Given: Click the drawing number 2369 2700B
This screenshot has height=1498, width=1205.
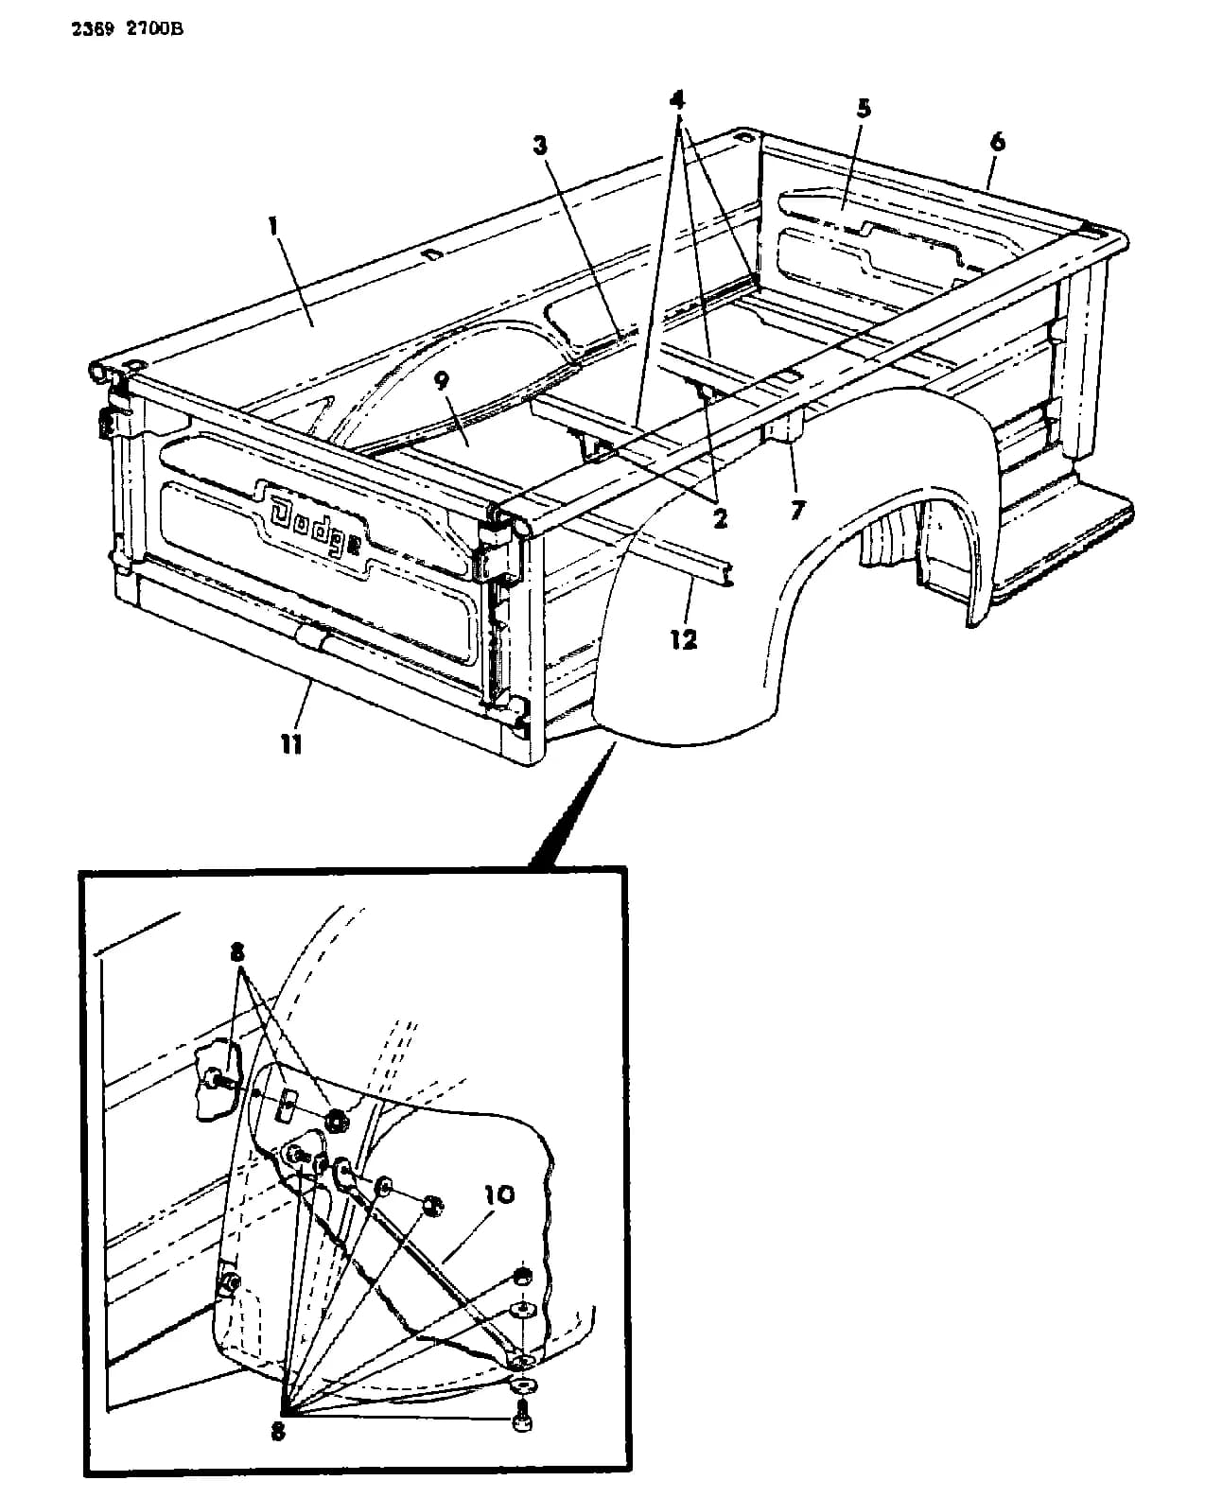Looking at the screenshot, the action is coord(128,30).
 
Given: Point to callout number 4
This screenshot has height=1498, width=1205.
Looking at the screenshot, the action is coord(676,100).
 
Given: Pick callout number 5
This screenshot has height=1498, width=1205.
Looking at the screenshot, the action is coord(864,109).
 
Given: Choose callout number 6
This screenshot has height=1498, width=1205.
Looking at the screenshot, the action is coord(998,142).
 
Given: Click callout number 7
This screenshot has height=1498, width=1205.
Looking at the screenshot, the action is coord(797,511).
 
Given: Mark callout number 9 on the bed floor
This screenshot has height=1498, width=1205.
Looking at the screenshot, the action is coord(442,381).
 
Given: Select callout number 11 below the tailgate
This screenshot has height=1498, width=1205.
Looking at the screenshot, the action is coord(291,745).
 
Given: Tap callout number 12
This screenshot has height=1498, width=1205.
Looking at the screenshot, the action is coord(684,639).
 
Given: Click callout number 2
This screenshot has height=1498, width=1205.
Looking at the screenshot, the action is coord(720,518).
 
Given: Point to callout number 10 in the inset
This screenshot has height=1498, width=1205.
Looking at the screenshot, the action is coord(499,1195).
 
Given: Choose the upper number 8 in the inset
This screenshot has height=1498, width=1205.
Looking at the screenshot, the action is coord(237,952).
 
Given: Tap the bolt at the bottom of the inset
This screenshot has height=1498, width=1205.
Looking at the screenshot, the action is coord(522,1420).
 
